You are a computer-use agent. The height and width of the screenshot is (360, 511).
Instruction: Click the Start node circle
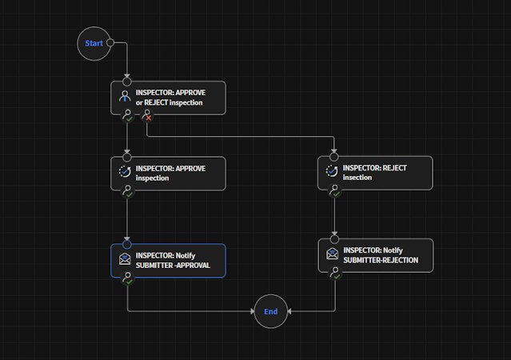tap(94, 43)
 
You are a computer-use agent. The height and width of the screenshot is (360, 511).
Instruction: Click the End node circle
tap(270, 311)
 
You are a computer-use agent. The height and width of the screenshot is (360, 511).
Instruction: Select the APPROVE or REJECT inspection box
tap(168, 98)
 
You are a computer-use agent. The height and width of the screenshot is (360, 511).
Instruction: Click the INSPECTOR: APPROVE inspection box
tap(168, 173)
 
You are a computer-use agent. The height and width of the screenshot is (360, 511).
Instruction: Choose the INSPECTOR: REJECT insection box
tap(375, 173)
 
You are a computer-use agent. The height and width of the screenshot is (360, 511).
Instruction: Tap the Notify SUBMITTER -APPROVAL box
tap(168, 260)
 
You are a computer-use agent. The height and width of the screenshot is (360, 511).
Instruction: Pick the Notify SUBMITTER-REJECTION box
tap(375, 255)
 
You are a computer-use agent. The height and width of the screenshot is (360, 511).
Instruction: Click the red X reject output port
tap(147, 118)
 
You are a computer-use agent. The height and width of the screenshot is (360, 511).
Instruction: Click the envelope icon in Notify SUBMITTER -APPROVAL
tap(125, 259)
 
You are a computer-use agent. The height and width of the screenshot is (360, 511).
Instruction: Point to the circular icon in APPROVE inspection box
tap(125, 172)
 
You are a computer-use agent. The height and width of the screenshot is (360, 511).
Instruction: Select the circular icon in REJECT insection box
tap(332, 172)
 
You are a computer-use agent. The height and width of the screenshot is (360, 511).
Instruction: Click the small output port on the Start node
tap(110, 43)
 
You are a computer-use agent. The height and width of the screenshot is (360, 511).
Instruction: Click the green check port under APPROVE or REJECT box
tap(127, 118)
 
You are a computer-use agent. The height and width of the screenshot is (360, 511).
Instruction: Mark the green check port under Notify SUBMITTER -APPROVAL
tap(127, 279)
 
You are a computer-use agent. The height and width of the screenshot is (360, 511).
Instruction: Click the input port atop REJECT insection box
tap(334, 156)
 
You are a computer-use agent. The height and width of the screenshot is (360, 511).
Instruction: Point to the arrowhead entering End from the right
tap(289, 311)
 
